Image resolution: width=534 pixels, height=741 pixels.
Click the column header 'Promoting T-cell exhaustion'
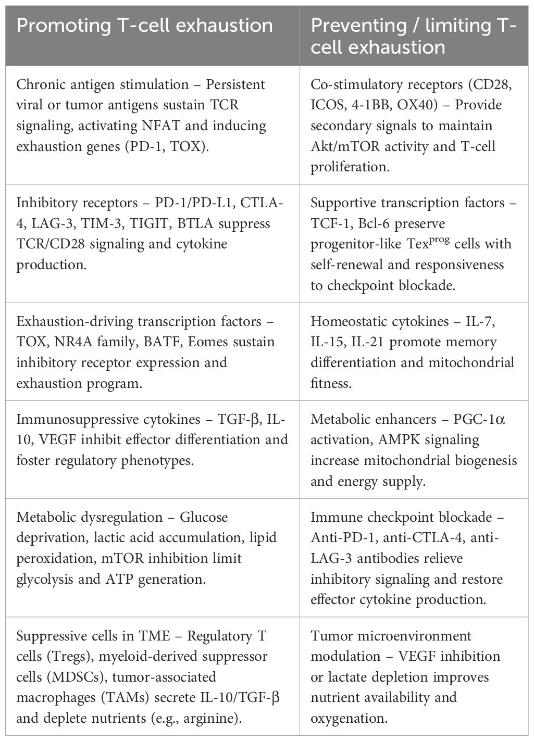(145, 25)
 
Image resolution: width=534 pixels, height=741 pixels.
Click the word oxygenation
(349, 719)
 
